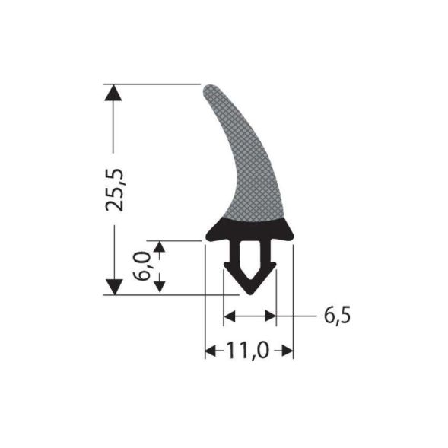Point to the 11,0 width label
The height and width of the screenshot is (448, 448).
(x=249, y=351)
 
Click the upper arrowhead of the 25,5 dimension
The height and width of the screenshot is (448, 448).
(x=113, y=92)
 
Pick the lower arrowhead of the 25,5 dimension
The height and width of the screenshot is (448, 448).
(x=113, y=288)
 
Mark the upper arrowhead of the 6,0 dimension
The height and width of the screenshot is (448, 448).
(x=159, y=247)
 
